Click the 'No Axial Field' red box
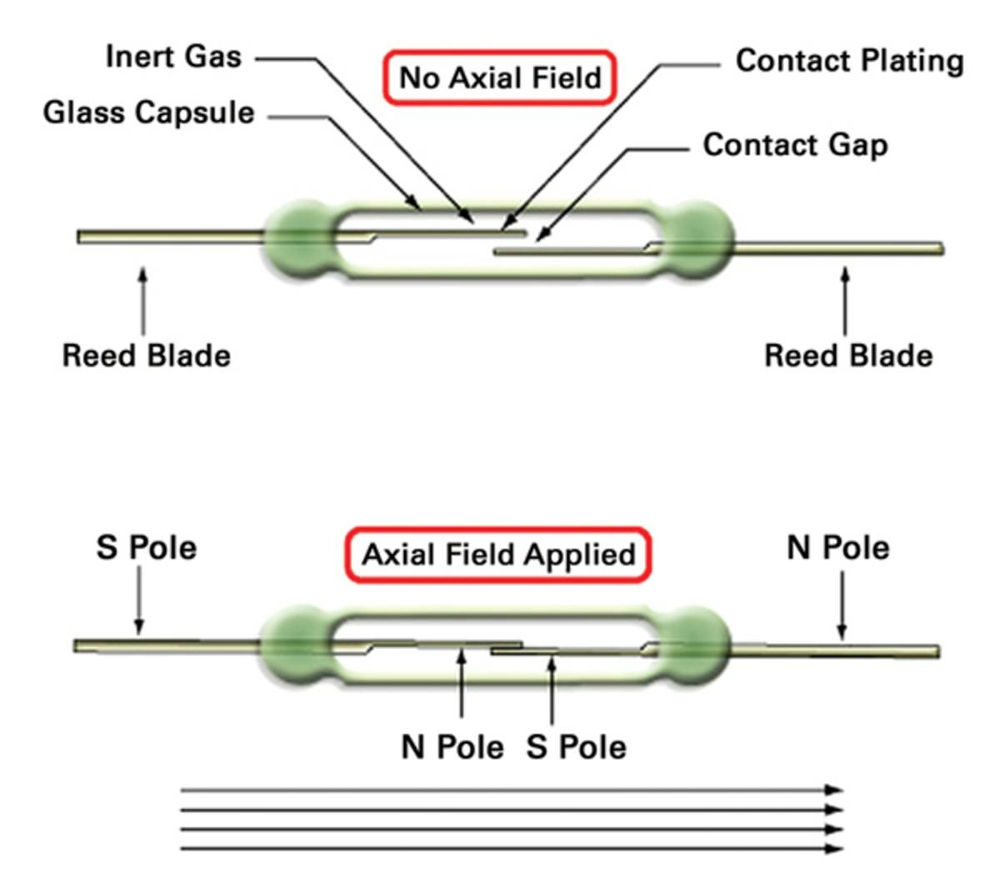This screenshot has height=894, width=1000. [x=500, y=78]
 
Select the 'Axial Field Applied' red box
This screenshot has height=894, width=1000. [x=498, y=555]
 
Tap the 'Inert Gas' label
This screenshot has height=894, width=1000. [x=173, y=57]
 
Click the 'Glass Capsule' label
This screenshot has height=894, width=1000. [x=148, y=112]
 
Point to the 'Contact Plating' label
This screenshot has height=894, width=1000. [x=849, y=61]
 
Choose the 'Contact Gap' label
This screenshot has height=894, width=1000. [x=795, y=144]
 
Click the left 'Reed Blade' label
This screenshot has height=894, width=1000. [x=146, y=355]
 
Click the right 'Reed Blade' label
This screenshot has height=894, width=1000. [x=847, y=355]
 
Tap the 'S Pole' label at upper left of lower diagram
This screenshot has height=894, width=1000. [x=146, y=548]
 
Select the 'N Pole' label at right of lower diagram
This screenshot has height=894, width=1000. [x=837, y=548]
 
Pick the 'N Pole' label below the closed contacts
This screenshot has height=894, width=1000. [x=452, y=746]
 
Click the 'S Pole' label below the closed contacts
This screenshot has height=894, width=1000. [x=576, y=746]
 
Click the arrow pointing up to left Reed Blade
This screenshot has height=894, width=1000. [x=143, y=300]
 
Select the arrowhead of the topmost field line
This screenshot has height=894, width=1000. [x=833, y=790]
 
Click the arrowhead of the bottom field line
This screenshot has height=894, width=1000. [x=833, y=849]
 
